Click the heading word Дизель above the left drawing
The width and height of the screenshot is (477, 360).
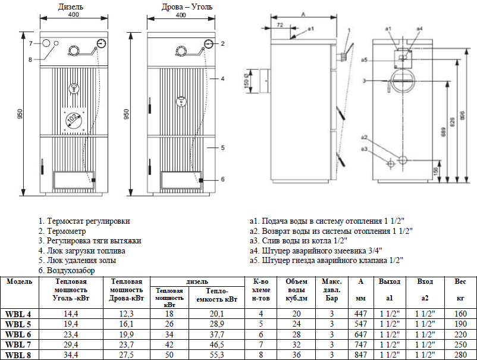pos(71,7)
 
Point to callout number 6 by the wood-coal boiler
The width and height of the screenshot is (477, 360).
pos(222,179)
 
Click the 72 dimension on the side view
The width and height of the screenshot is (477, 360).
pos(280,25)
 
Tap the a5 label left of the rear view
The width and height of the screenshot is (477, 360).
pos(364,60)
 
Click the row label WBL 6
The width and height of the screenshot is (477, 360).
pos(18,335)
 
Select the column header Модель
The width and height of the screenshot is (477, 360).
pos(18,281)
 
